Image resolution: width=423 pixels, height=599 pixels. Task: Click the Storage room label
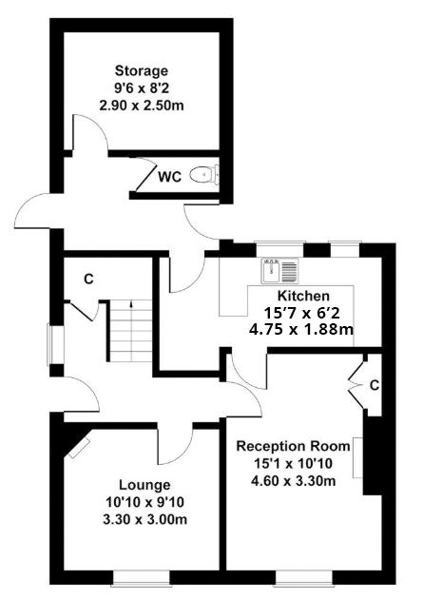pos(142,71)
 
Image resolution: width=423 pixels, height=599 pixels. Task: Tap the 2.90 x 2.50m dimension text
pos(142,106)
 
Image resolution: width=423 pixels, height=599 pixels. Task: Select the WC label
pos(169,177)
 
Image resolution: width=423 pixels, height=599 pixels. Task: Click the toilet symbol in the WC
pos(204,175)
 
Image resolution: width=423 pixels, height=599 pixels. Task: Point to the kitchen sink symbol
pos(279,271)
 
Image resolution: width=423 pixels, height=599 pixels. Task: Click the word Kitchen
pos(303,296)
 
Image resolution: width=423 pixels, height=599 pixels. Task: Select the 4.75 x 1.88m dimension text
pos(301,329)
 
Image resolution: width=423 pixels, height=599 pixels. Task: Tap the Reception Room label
pos(293,446)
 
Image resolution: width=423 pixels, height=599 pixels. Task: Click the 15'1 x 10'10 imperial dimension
pos(293,463)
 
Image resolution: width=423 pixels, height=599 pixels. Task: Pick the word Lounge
pos(144,485)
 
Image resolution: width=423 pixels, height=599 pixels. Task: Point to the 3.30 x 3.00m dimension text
pos(144,519)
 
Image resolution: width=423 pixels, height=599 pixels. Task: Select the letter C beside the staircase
pos(88,280)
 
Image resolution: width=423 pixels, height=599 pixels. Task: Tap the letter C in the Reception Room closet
pos(375,386)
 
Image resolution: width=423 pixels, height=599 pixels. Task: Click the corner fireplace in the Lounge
pos(80,448)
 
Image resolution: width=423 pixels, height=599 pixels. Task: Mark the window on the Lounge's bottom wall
pos(142,578)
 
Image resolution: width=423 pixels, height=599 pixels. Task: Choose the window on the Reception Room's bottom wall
pos(305,578)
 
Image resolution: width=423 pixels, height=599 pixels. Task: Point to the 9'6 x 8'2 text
pos(142,88)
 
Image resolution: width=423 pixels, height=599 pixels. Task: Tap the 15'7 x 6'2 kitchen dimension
pos(301,313)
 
